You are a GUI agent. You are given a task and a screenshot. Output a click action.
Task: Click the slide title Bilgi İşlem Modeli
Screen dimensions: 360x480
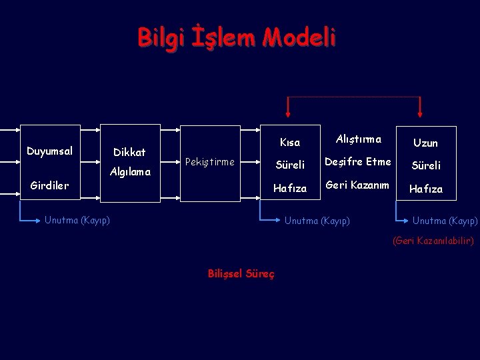(x=237, y=37)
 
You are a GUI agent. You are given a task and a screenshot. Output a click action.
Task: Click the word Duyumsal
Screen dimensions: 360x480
(x=49, y=151)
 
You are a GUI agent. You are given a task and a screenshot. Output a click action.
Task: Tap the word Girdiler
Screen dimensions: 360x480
(x=49, y=186)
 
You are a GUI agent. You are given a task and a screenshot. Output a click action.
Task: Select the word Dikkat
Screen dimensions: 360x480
(x=129, y=153)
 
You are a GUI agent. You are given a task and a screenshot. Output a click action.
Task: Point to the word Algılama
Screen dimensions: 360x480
(x=130, y=172)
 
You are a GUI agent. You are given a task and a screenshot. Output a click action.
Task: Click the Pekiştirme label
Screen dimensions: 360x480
(x=209, y=162)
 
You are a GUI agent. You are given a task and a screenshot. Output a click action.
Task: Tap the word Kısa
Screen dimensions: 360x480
(x=290, y=142)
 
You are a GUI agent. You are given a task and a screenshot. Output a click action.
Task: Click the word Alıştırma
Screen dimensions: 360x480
(x=358, y=139)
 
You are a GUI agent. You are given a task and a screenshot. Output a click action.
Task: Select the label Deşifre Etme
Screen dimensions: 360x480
(x=357, y=162)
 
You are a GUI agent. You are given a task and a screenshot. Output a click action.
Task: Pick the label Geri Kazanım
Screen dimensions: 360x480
(x=357, y=185)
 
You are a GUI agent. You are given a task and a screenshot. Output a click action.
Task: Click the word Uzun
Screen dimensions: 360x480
(x=425, y=143)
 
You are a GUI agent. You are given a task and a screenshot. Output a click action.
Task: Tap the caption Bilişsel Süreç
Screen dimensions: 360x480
(x=241, y=274)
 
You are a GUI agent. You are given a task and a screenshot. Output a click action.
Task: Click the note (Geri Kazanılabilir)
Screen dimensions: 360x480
(x=433, y=241)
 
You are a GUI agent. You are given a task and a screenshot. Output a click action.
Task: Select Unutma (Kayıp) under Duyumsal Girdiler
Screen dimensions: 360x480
(x=77, y=221)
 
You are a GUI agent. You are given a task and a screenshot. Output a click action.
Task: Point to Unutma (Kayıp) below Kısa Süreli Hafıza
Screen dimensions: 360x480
(x=317, y=221)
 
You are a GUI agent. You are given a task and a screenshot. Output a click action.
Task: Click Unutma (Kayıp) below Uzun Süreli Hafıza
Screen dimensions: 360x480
(x=445, y=221)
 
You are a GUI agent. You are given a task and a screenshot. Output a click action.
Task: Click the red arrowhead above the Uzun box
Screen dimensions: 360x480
(x=420, y=110)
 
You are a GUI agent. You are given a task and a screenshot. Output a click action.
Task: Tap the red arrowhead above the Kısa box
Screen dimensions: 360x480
(x=288, y=110)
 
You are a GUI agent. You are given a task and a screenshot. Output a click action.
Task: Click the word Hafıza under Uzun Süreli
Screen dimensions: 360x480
(x=425, y=189)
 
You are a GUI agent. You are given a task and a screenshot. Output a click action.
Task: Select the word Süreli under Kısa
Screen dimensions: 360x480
(x=290, y=165)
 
